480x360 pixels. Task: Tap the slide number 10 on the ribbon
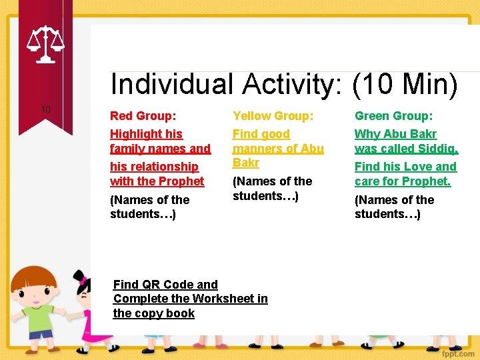(x=45, y=109)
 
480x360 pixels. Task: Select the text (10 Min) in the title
(x=405, y=85)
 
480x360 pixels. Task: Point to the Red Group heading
(x=143, y=116)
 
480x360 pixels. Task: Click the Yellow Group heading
(x=273, y=116)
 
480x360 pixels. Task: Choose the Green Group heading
(x=394, y=116)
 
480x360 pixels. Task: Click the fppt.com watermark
(x=456, y=351)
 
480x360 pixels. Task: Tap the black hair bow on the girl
(x=81, y=276)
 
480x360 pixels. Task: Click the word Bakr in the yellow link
(x=245, y=163)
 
